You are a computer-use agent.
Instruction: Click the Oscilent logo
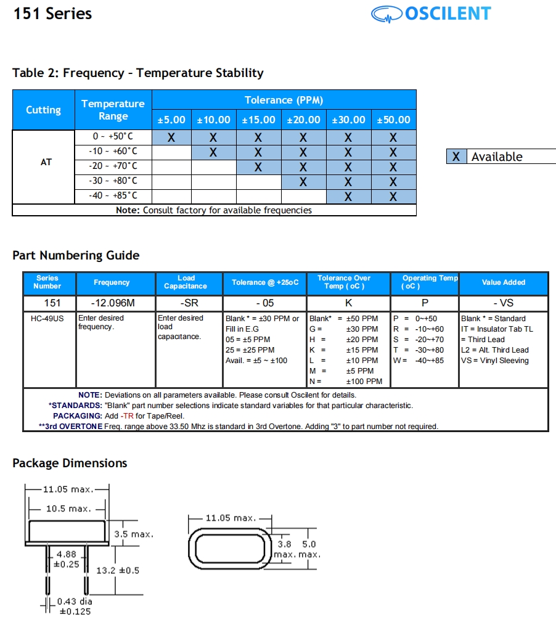click(x=431, y=14)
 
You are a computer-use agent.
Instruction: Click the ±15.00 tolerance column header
click(x=258, y=120)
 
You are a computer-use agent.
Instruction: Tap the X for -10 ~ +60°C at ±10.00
click(x=213, y=152)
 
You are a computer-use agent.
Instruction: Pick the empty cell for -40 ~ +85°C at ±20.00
click(x=303, y=196)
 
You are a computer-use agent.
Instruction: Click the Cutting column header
click(x=43, y=110)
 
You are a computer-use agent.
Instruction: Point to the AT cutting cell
click(x=46, y=163)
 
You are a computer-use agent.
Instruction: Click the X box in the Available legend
click(x=456, y=157)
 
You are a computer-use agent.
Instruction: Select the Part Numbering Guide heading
click(x=76, y=255)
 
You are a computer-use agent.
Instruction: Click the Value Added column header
click(x=503, y=282)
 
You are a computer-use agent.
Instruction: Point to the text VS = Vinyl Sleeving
click(x=494, y=361)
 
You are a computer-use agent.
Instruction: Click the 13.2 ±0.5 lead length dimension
click(x=118, y=570)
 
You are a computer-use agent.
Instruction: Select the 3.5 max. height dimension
click(x=133, y=534)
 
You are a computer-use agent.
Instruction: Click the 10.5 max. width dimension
click(x=68, y=509)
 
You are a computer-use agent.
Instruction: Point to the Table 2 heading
click(x=137, y=73)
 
